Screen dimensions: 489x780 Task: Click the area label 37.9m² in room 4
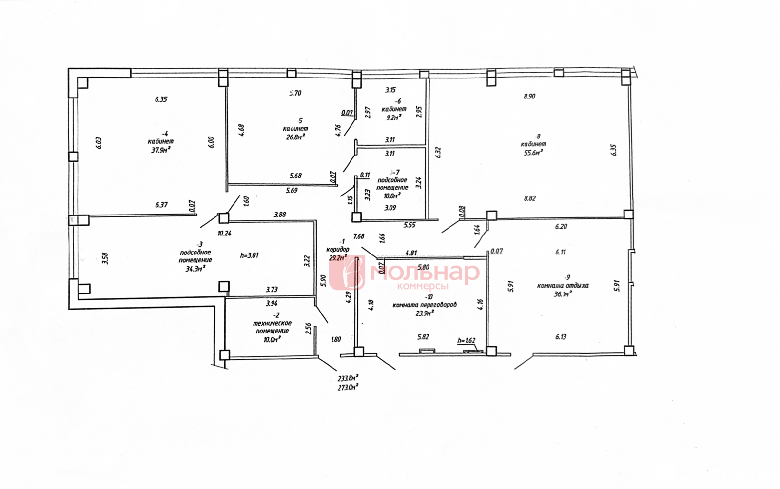[x=160, y=150]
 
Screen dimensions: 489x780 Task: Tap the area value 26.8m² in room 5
[x=295, y=137]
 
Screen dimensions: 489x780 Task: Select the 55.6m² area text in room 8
[x=533, y=152]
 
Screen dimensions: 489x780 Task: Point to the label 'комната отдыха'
[x=563, y=286]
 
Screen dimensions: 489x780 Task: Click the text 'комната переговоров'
[x=425, y=305]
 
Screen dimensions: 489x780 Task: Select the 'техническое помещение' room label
[x=272, y=327]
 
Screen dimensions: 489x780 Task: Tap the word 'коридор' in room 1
[x=337, y=249]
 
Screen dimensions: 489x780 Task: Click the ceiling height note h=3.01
[x=249, y=255]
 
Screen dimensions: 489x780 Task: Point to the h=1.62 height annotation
[x=466, y=341]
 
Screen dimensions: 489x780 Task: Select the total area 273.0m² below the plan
[x=348, y=387]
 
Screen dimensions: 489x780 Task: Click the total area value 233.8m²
[x=348, y=378]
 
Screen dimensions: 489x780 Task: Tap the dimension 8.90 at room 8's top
[x=529, y=97]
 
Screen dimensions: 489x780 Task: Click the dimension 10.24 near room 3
[x=224, y=234]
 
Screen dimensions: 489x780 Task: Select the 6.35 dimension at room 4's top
[x=161, y=99]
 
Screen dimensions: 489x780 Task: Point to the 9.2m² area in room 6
[x=393, y=117]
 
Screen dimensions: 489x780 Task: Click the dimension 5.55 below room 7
[x=409, y=225]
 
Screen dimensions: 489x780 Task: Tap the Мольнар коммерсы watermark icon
[x=347, y=273]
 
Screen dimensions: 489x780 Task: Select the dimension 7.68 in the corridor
[x=358, y=236]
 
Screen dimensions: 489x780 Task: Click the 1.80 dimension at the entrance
[x=335, y=340]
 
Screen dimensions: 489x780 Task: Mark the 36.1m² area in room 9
[x=563, y=294]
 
